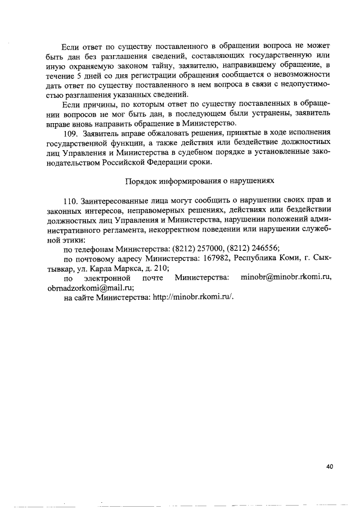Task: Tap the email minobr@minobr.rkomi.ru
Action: [286, 278]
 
